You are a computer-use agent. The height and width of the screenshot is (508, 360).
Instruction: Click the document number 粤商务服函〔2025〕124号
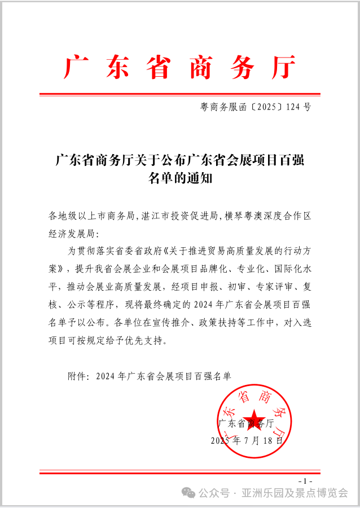click(x=256, y=106)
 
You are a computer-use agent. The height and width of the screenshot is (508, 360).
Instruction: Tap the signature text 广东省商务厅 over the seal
click(x=246, y=423)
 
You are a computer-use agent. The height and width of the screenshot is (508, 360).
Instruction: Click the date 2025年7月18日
click(x=247, y=440)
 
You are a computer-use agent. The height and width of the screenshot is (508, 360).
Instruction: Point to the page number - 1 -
click(x=304, y=480)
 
